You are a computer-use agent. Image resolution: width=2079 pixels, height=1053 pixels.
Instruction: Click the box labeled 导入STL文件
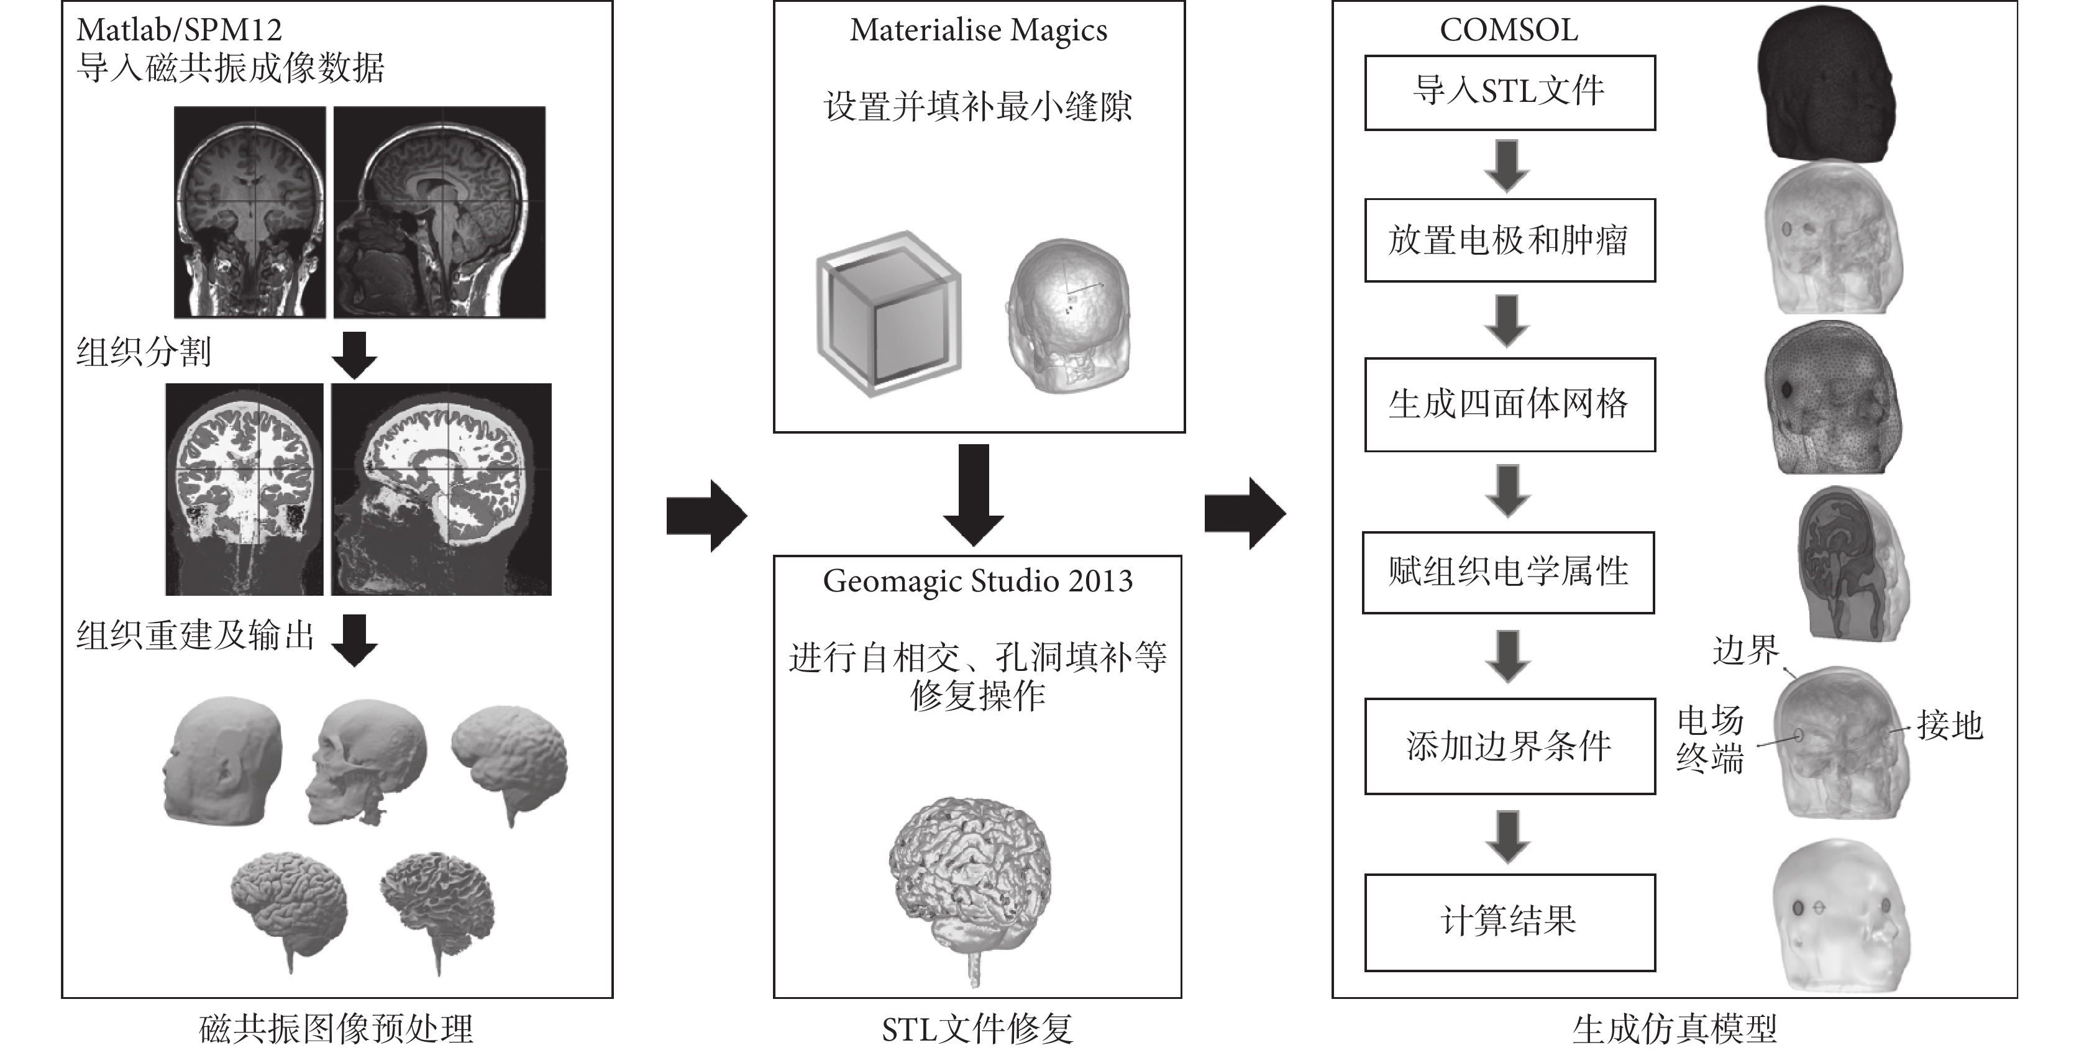coord(1509,93)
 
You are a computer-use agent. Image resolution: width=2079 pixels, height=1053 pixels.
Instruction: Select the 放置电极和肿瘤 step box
coord(1509,240)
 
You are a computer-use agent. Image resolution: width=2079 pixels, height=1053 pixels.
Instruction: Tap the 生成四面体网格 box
coord(1509,404)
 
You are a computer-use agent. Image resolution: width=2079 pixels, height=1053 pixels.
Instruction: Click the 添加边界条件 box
coord(1509,746)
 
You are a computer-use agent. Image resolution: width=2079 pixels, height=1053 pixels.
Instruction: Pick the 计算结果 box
coord(1509,923)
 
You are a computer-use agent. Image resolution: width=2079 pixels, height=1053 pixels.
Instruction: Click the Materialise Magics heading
coord(978,30)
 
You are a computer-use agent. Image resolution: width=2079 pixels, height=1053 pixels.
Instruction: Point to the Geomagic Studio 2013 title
coord(978,581)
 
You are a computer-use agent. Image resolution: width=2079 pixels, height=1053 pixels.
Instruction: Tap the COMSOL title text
coord(1509,30)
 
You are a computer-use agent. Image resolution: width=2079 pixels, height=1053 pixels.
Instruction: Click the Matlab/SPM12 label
coord(179,30)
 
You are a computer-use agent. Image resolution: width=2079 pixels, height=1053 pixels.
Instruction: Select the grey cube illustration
coord(888,314)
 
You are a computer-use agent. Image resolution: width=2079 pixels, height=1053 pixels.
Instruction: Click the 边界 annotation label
coord(1746,650)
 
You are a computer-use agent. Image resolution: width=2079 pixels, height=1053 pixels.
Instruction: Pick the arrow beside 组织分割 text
coord(354,355)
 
